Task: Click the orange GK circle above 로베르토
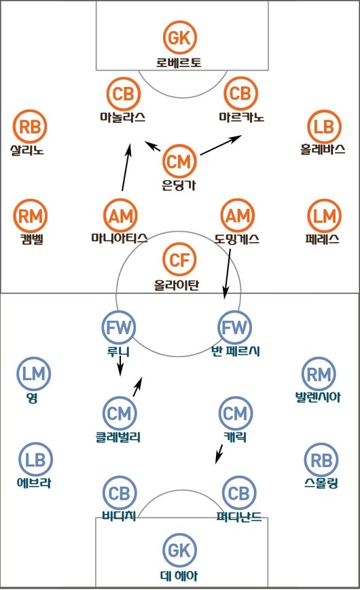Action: coord(180,37)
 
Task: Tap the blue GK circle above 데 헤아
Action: coord(179,550)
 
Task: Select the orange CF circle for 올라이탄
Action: coord(179,259)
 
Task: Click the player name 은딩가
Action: coord(179,185)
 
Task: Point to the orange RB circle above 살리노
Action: coord(30,126)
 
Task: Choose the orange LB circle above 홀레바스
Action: coord(324,126)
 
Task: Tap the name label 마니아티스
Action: coord(120,238)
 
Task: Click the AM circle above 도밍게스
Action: coord(238,216)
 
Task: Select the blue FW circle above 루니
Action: coord(119,327)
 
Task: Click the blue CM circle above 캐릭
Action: coord(235,413)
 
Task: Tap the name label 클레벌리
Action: coord(118,437)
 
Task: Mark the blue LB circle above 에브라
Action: coord(35,460)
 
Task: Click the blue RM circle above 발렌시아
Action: coord(319,373)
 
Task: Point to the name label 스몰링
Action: coord(321,483)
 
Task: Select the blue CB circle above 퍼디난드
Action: coord(239,493)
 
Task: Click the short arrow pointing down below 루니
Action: coord(120,366)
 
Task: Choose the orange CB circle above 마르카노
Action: coord(240,93)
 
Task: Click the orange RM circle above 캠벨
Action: coord(30,216)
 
